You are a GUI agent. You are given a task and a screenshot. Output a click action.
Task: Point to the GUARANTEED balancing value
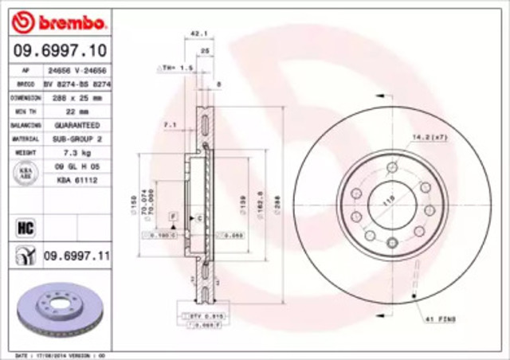point(76,126)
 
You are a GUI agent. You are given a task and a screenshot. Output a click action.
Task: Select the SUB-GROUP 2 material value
point(76,138)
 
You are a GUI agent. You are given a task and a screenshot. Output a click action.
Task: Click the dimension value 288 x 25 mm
point(76,96)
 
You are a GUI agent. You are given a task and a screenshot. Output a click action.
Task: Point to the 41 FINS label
point(437,319)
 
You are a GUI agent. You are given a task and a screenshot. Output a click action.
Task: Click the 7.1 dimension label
point(170,125)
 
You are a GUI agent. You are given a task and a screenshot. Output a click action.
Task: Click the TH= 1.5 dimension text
point(181,68)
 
